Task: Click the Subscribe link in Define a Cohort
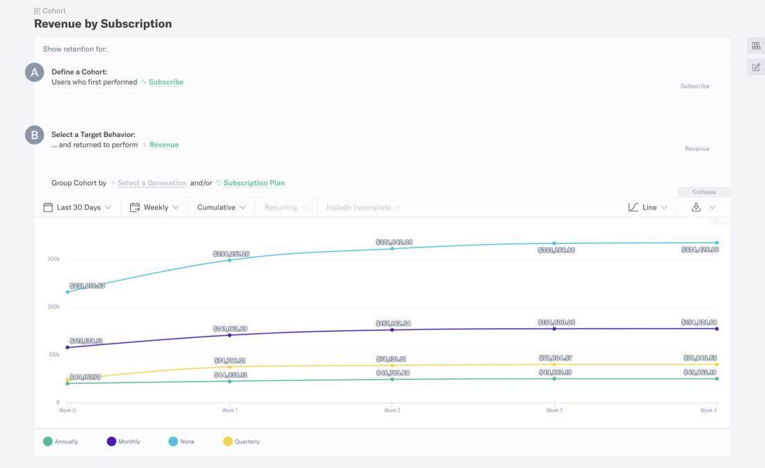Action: click(x=166, y=82)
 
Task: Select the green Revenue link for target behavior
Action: click(x=163, y=145)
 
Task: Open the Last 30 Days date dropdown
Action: click(x=77, y=207)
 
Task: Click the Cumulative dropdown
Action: click(x=221, y=207)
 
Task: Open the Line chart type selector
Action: click(x=647, y=207)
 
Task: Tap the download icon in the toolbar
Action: click(x=695, y=207)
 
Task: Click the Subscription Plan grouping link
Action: click(x=254, y=183)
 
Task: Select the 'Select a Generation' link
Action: click(x=152, y=183)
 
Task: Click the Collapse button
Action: click(x=704, y=192)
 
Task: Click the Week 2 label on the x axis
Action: click(x=392, y=410)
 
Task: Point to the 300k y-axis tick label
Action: click(x=53, y=259)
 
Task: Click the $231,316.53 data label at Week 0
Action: click(x=87, y=286)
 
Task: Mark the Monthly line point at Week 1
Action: click(x=229, y=335)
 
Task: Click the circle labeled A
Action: click(x=35, y=72)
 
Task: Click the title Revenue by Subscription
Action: click(x=103, y=24)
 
